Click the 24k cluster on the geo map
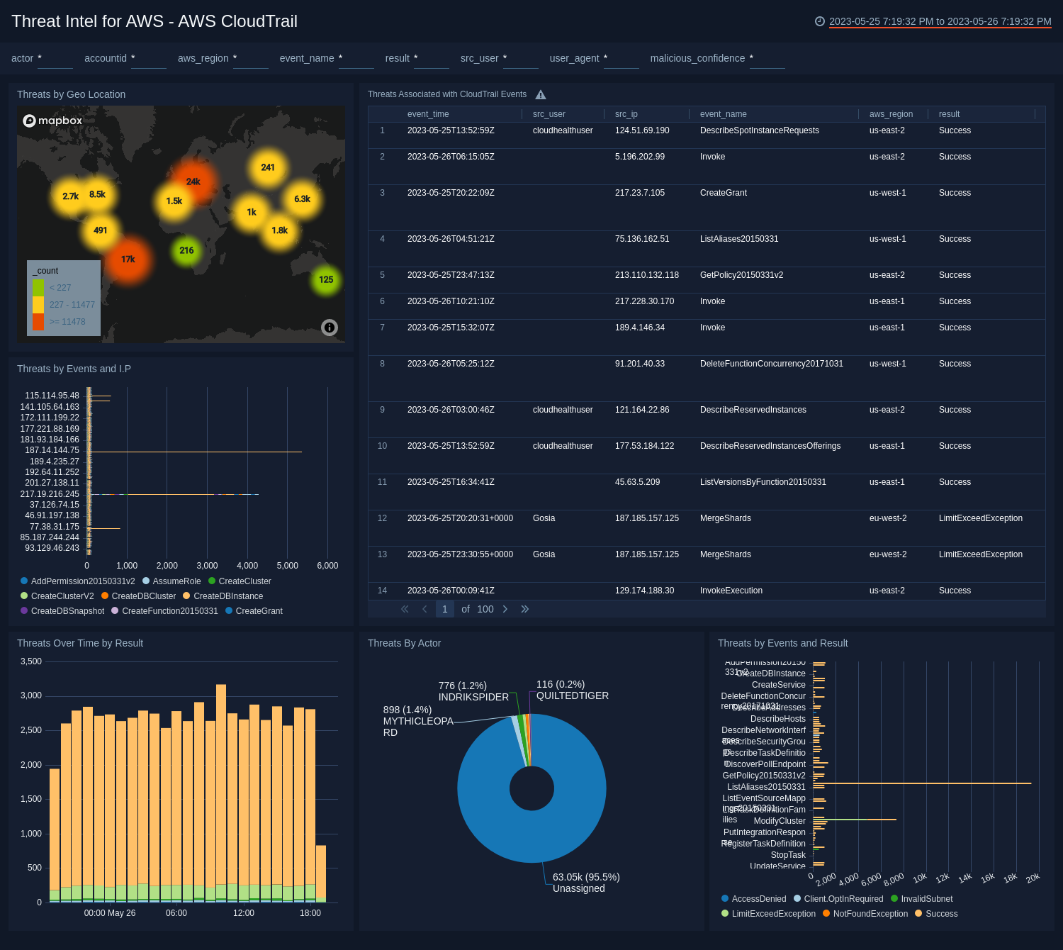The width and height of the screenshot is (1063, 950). tap(193, 182)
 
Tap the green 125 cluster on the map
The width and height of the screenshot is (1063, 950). tap(326, 280)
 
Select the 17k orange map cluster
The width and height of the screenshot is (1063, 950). tap(128, 259)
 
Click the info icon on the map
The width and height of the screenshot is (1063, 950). tap(330, 328)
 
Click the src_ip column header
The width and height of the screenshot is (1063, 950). tap(626, 114)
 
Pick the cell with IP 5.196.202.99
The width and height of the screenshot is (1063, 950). tap(640, 157)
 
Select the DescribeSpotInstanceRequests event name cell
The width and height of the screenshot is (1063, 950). tap(759, 130)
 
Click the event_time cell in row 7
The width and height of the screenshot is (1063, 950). tap(451, 328)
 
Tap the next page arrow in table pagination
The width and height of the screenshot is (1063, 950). tap(505, 609)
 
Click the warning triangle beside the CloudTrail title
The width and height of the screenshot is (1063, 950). tap(541, 95)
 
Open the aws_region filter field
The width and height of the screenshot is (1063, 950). tap(250, 59)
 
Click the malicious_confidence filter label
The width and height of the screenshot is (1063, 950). tap(697, 58)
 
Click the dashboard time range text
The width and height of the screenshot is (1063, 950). tap(940, 21)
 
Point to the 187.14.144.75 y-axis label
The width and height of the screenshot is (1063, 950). tap(52, 450)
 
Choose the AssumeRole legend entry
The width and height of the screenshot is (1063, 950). tap(176, 581)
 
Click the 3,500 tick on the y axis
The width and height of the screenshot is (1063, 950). tap(31, 661)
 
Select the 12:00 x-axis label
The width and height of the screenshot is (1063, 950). tap(243, 913)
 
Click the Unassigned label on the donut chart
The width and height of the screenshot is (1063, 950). tap(578, 888)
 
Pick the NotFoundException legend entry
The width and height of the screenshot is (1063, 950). tap(870, 914)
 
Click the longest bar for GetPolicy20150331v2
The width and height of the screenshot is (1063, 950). tap(921, 783)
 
